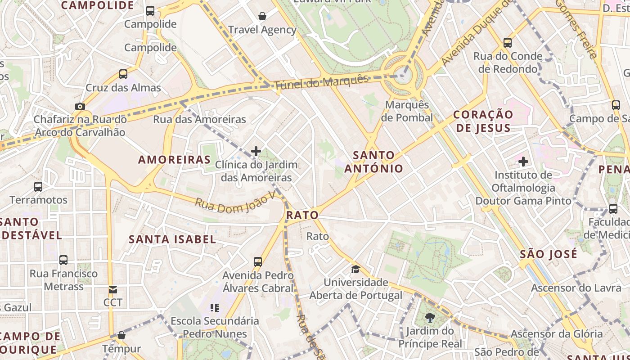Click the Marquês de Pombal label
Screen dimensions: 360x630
407,111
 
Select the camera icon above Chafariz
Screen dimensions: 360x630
80,106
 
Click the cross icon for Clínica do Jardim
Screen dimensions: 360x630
256,151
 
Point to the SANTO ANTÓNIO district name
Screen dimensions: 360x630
373,162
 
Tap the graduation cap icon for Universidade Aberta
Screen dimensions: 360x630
355,269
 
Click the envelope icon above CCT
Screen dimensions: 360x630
112,289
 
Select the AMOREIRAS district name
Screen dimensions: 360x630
175,160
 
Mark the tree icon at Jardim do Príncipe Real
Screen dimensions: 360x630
430,318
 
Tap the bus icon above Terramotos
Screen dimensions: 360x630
38,186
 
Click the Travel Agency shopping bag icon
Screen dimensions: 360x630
262,17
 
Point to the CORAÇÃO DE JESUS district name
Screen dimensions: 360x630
483,121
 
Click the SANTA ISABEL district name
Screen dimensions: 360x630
172,239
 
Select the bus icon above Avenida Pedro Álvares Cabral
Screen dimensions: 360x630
258,261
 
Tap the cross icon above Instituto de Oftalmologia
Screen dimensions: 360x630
523,161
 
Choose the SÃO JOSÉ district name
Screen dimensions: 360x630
548,254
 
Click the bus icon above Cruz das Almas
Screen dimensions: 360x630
123,74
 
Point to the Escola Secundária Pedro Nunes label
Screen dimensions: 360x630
215,328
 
